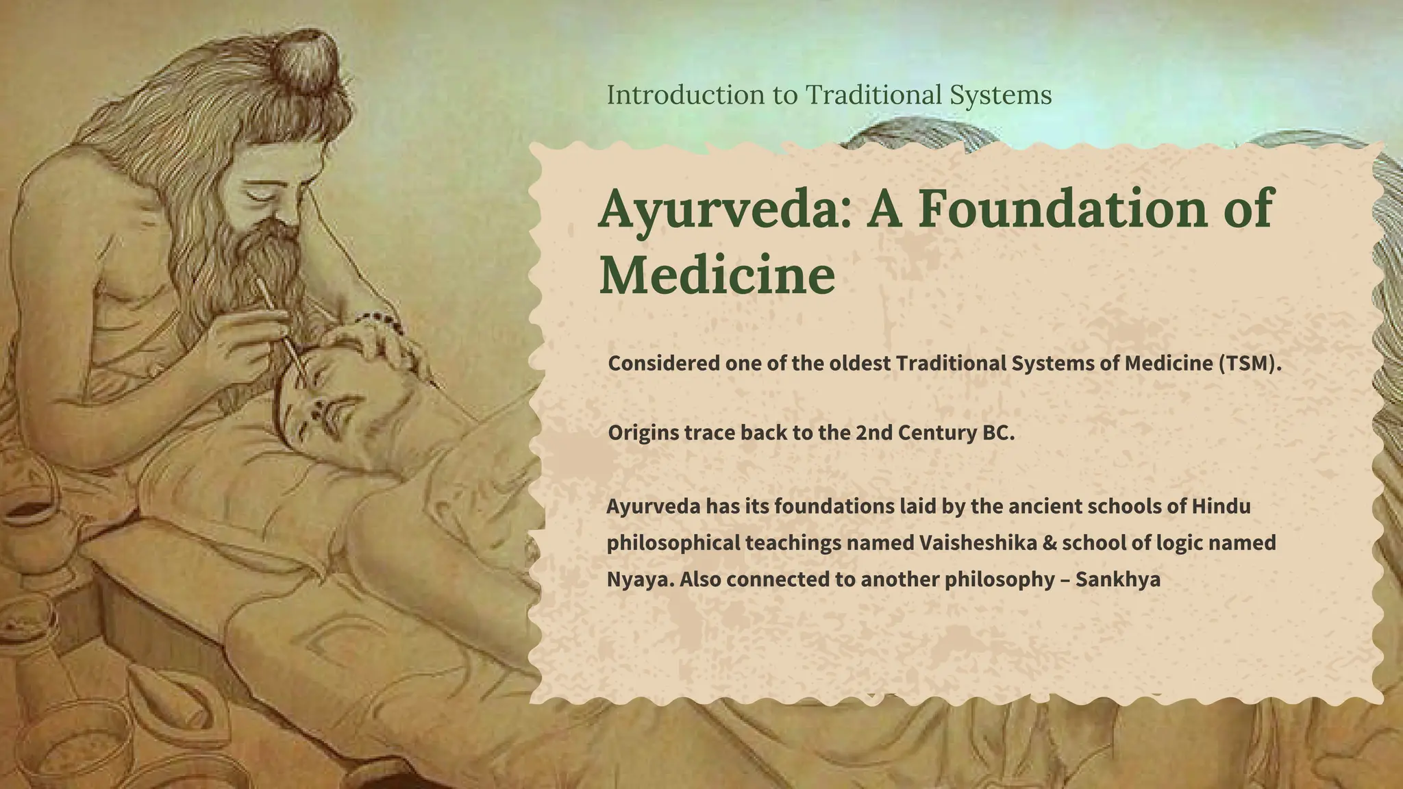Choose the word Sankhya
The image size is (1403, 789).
click(x=1117, y=579)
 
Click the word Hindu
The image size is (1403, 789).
click(x=1221, y=507)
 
